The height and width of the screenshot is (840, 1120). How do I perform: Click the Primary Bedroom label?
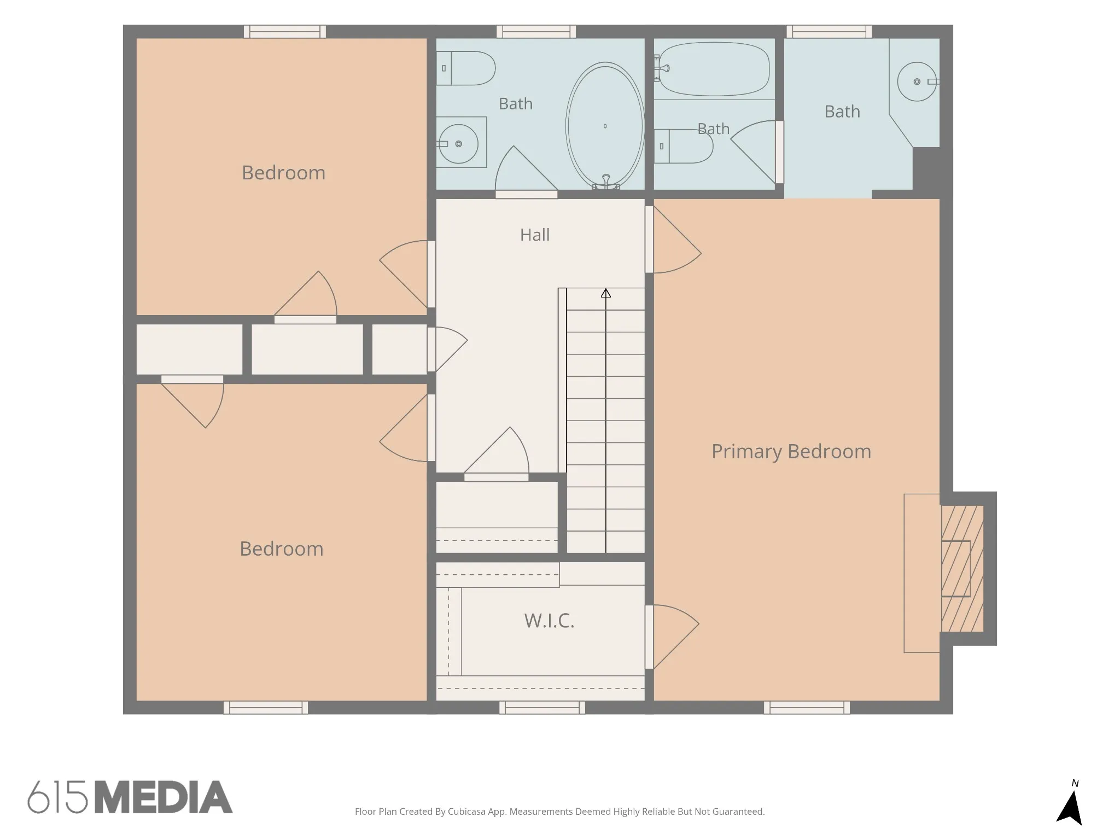point(791,452)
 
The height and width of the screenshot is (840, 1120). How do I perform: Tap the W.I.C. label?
point(549,621)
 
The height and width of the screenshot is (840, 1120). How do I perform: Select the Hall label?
point(535,235)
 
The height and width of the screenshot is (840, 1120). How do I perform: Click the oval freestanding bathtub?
point(605,126)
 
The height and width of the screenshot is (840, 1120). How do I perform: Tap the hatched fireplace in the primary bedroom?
point(962,569)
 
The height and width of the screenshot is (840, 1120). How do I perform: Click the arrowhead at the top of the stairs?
point(605,294)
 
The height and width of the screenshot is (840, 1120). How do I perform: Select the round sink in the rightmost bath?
point(917,81)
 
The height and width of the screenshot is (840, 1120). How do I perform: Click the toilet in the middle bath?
point(684,146)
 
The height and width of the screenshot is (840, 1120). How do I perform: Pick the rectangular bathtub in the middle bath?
point(714,69)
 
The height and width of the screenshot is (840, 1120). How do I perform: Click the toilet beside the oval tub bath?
point(466,68)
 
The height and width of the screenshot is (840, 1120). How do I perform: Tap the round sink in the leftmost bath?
point(458,144)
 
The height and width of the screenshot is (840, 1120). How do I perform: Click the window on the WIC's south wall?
point(542,708)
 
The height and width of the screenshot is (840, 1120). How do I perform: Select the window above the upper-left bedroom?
point(285,32)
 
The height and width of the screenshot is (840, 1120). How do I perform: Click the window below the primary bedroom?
point(807,708)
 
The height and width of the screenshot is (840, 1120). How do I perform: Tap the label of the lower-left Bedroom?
point(282,549)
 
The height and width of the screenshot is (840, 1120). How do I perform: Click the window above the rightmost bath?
point(829,32)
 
